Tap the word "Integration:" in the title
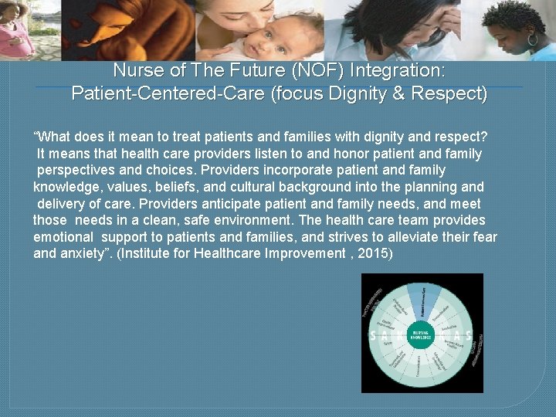click(397, 70)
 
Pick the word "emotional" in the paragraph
click(63, 236)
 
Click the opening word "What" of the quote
click(53, 137)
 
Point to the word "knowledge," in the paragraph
click(65, 187)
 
